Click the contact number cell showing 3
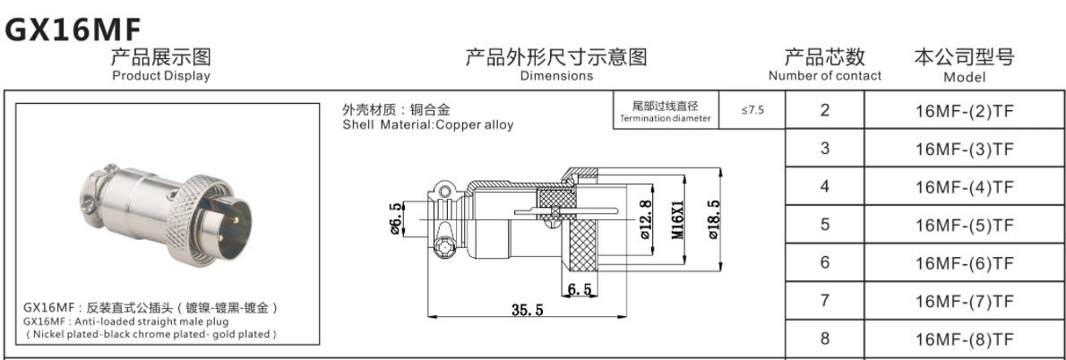[x=824, y=149]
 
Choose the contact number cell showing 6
[x=824, y=263]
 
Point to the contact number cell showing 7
[x=824, y=301]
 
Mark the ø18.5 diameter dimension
[x=714, y=217]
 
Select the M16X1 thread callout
[x=678, y=217]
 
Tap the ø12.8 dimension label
[x=644, y=218]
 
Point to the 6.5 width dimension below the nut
[x=579, y=289]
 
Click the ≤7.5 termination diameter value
[x=752, y=111]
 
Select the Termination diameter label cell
[x=665, y=112]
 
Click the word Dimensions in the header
[x=556, y=76]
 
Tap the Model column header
[x=964, y=77]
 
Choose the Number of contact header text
[x=824, y=76]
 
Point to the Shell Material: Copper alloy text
[x=428, y=125]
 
